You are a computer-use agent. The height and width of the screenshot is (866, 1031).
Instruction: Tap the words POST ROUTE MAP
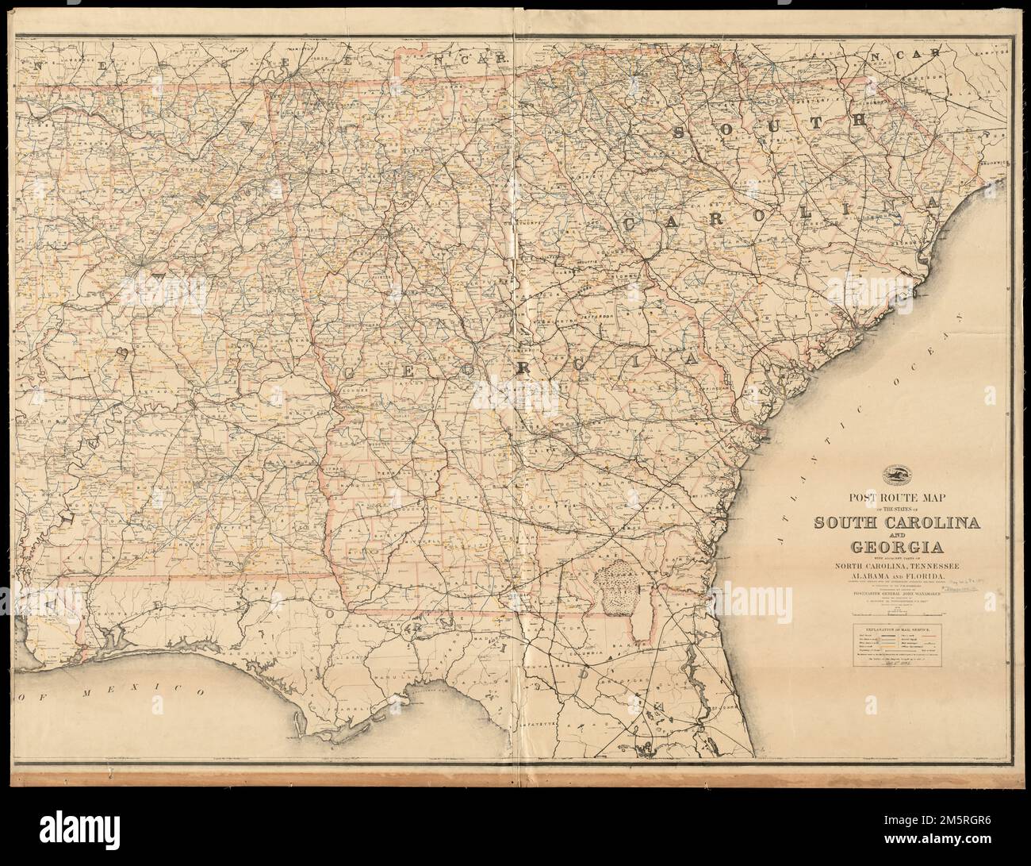tap(893, 498)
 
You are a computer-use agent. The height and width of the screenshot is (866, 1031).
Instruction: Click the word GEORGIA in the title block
tap(893, 548)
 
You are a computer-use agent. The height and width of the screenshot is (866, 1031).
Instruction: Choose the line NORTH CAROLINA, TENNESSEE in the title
tap(893, 565)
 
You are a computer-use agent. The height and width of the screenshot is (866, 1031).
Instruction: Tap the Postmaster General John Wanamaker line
tap(893, 593)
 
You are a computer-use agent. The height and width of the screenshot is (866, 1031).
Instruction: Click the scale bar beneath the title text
tap(893, 611)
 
